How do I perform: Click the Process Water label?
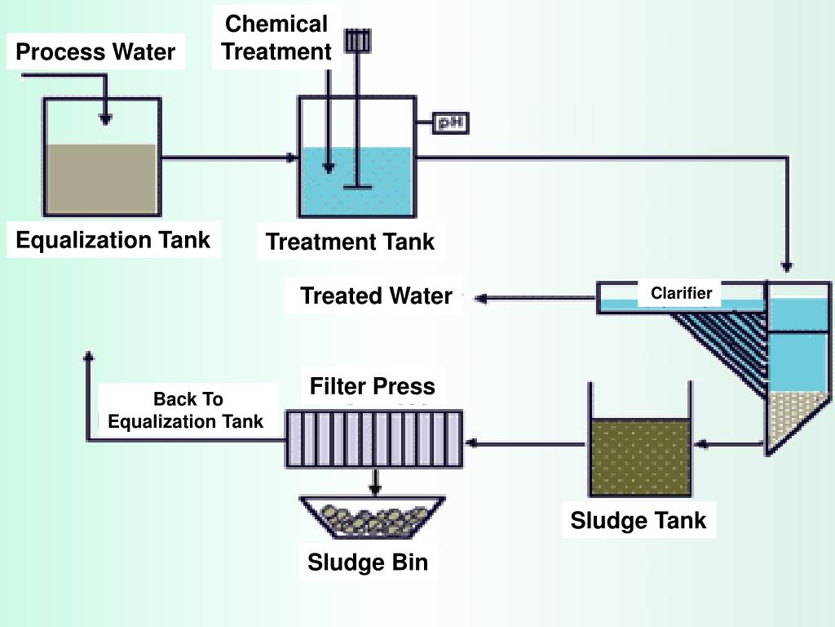tap(95, 52)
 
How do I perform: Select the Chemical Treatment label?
tap(276, 38)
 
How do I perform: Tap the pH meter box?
tap(449, 123)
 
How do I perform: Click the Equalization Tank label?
tap(113, 240)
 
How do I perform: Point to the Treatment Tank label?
tap(350, 242)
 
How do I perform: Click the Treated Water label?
tap(376, 296)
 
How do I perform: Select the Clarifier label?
tap(681, 293)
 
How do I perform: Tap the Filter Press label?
tap(372, 386)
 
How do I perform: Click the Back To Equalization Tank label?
tap(187, 410)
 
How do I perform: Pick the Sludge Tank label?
tap(638, 520)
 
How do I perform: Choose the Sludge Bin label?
tap(367, 562)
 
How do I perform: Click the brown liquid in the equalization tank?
tap(101, 180)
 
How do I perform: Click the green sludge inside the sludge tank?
tap(640, 457)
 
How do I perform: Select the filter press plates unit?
tap(373, 438)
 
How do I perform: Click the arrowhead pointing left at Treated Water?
tap(480, 299)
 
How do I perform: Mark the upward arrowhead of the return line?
tap(89, 356)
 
